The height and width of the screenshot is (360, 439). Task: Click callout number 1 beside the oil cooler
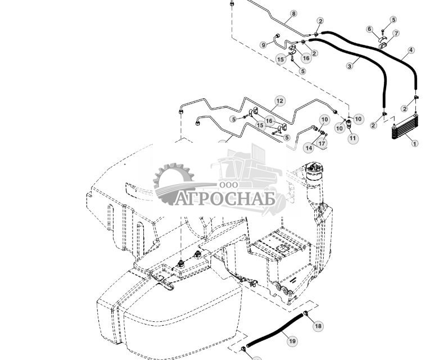[415, 144]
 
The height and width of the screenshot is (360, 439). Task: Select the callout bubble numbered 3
[350, 66]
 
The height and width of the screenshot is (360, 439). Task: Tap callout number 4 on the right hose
[411, 51]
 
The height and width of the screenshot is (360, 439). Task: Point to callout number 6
[370, 29]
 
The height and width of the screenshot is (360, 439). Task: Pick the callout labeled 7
[396, 34]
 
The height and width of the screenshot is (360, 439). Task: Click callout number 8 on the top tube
[293, 13]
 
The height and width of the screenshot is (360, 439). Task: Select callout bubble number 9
[263, 45]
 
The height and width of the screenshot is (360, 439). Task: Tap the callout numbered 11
[352, 139]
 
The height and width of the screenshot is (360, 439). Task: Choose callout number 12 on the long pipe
[280, 101]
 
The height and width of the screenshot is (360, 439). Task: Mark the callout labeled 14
[309, 148]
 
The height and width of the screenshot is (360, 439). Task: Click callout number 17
[322, 144]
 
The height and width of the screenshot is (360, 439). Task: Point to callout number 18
[318, 326]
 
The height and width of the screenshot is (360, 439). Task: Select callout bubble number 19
[292, 341]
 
